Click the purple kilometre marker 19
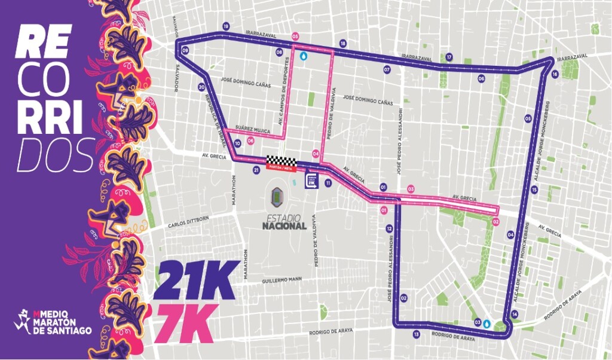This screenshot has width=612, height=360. click(x=226, y=27)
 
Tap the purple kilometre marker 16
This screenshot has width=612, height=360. click(x=555, y=74)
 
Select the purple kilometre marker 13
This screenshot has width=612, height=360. click(x=416, y=334)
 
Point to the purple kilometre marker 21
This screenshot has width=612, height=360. click(x=256, y=170)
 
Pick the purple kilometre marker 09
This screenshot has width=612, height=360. click(x=185, y=51)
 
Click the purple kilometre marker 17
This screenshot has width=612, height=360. click(x=449, y=57)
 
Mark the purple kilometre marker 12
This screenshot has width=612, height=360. click(x=389, y=228)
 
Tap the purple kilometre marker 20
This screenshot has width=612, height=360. click(x=201, y=87)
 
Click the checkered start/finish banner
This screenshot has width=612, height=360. click(x=281, y=162)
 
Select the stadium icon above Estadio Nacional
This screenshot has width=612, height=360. click(x=279, y=196)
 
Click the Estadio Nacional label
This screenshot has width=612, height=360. click(x=284, y=222)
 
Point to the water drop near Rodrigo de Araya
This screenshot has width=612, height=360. click(x=487, y=324)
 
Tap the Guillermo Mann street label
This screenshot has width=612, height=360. click(x=281, y=280)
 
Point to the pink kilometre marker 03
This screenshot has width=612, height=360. click(x=411, y=189)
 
